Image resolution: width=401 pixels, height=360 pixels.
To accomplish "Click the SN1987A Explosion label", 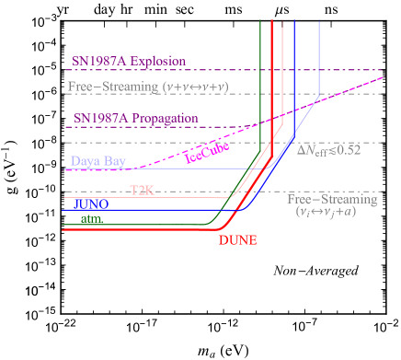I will point(129,62).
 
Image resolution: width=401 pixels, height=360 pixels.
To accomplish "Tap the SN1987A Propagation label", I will point(135,118).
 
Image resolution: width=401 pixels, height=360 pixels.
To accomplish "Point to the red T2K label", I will point(141,190).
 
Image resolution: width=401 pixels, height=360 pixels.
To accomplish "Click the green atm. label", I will point(92,219).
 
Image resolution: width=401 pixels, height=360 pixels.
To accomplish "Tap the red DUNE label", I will point(237,240).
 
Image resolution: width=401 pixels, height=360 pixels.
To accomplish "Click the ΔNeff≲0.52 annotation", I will point(328,149).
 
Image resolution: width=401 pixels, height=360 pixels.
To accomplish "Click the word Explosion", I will point(158,62).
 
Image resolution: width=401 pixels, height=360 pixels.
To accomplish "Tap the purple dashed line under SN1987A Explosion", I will point(276,70).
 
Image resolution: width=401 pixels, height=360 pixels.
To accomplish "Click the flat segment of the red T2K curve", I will point(184,197).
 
